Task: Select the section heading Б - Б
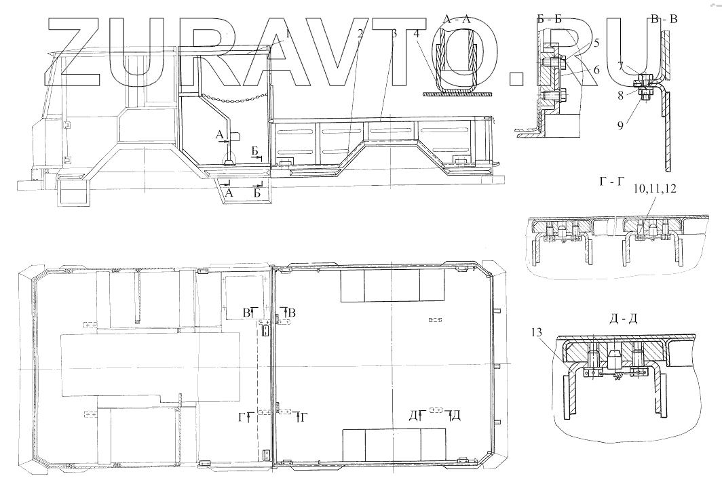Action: tap(550, 20)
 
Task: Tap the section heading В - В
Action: tap(664, 19)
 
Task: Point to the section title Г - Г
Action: tap(612, 182)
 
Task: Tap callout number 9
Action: tap(620, 125)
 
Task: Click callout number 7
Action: tap(620, 66)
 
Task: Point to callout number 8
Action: tap(620, 95)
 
